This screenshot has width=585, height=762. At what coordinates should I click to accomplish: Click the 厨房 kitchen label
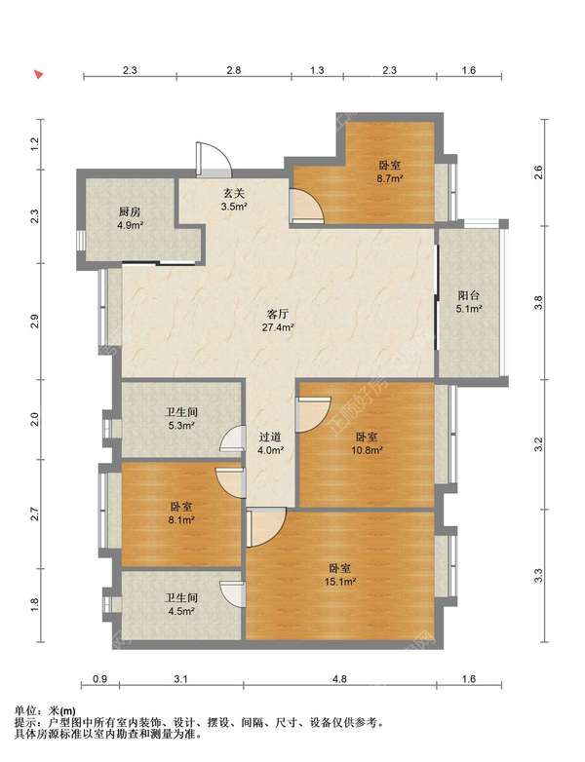pos(130,211)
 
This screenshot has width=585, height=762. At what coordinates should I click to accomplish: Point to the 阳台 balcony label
pos(469,295)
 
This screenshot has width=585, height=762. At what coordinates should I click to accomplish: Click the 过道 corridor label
pos(270,438)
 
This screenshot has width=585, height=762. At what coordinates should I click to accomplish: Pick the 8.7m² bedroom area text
pos(390,179)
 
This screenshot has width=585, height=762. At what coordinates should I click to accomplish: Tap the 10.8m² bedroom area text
pos(367,450)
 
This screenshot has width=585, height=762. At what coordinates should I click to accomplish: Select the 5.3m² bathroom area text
pos(181,426)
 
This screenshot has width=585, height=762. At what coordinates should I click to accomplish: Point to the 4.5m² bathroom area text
pos(181,611)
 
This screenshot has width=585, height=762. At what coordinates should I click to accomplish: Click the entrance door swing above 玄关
pos(213,159)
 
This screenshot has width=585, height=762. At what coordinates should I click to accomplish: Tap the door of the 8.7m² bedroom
pos(306,206)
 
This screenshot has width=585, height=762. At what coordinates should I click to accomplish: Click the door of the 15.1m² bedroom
pos(265,527)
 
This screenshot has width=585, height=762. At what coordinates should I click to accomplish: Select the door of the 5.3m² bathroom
pos(232,439)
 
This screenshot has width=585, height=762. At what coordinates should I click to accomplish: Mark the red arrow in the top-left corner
pos(39,74)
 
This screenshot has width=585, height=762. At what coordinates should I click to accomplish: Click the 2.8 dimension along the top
pos(233,70)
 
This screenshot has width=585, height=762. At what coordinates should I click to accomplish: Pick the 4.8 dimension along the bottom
pos(339,679)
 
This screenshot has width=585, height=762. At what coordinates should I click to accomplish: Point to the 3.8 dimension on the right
pos(538,302)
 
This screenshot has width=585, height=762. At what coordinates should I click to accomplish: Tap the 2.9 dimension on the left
pos(34,323)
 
